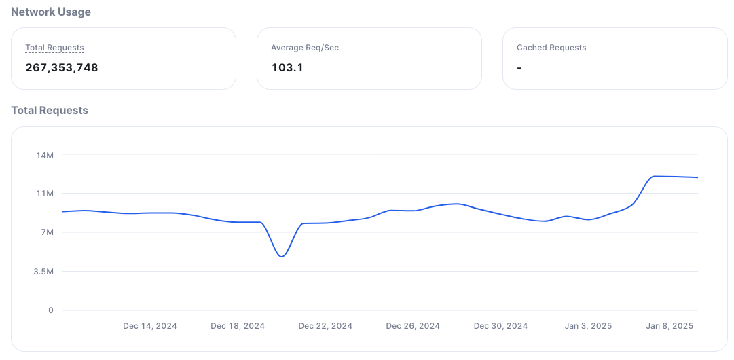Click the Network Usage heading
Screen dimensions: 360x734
coord(51,12)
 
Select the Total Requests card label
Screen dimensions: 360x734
coord(54,48)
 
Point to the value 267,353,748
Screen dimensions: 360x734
coord(62,67)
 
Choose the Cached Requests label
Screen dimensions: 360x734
coord(551,48)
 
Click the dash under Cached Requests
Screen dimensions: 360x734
coord(519,67)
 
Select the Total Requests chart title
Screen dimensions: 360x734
coord(50,110)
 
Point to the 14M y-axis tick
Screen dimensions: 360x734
coord(45,155)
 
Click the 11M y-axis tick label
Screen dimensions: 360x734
coord(45,194)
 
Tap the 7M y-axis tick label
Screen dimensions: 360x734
coord(46,232)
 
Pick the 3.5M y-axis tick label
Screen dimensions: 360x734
coord(43,272)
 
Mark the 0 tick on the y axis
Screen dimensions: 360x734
coord(50,310)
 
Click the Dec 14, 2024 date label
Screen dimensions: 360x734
coord(150,326)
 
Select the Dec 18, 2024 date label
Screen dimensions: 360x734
coord(238,326)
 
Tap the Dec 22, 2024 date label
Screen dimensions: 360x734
coord(325,326)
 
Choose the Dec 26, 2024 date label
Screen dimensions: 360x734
coord(413,326)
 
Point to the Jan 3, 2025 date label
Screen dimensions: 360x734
coord(588,326)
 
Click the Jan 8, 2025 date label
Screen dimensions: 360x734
coord(669,326)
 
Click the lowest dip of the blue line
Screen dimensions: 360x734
coord(282,256)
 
